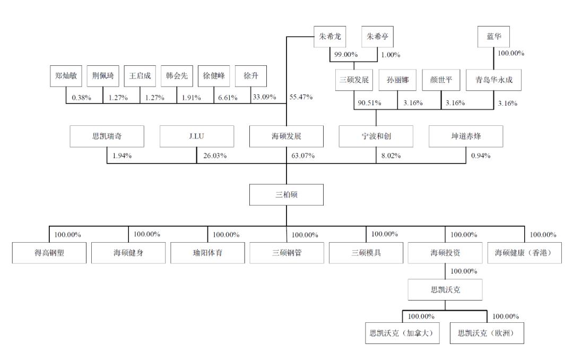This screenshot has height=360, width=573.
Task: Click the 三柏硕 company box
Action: point(286,195)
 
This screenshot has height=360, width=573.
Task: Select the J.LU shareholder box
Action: point(197,136)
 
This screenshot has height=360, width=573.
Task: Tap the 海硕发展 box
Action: point(286,136)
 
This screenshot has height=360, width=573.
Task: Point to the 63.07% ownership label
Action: point(303,156)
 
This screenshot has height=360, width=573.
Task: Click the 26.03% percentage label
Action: point(215,156)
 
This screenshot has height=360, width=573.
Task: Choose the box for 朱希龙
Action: point(329,37)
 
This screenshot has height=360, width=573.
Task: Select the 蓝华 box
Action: point(493,37)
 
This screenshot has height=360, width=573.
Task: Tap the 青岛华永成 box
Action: point(493,80)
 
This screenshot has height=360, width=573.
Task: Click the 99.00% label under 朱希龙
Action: point(346,55)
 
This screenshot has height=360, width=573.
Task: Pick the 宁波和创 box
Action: point(376,136)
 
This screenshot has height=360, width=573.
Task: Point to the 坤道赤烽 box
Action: point(466,136)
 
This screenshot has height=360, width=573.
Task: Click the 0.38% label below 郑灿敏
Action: point(82,98)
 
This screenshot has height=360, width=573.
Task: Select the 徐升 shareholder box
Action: point(250,76)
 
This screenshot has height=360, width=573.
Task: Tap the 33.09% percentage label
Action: point(265,97)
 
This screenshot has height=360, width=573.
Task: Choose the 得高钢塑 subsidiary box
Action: point(49,253)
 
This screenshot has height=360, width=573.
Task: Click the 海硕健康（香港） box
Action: point(524,253)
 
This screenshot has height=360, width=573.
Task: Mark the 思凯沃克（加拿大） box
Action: point(402,333)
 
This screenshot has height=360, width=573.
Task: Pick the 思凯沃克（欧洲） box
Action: point(487,333)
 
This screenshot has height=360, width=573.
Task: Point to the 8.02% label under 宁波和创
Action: point(391,156)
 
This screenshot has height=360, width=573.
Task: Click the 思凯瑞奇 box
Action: point(107,136)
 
